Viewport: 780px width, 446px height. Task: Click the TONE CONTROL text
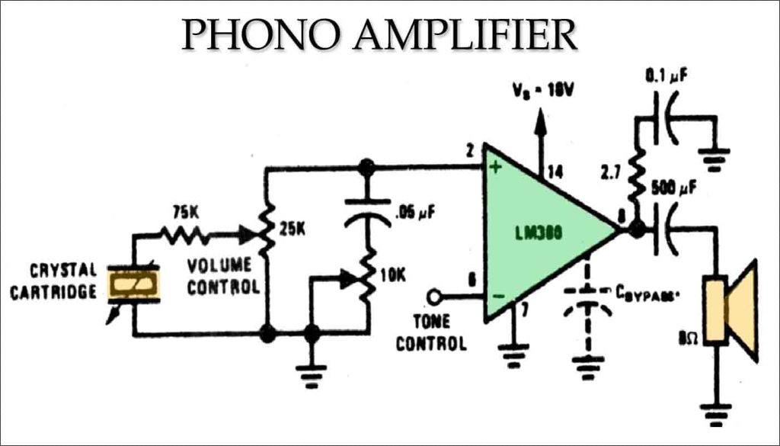430,332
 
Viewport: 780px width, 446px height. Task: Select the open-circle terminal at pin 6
434,296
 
